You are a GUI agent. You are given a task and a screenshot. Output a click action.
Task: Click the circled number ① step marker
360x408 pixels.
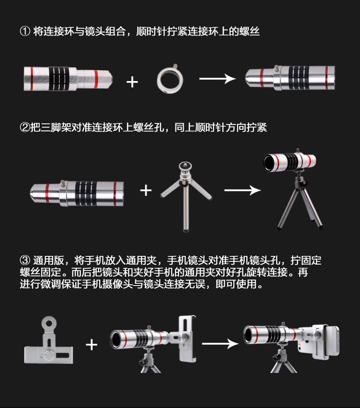point(25,31)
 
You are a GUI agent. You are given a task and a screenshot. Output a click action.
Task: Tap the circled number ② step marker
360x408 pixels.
point(25,127)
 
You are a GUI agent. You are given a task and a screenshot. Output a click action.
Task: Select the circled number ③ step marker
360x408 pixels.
point(25,260)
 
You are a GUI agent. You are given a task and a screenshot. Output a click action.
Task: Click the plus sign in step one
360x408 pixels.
point(132,82)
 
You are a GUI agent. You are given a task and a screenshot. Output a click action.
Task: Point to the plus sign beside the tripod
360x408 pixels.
point(146,190)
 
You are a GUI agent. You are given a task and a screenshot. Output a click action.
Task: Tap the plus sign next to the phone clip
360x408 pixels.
point(92,345)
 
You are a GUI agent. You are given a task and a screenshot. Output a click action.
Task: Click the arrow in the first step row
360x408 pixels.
point(217,79)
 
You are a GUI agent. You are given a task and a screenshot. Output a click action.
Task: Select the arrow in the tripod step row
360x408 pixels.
point(242,190)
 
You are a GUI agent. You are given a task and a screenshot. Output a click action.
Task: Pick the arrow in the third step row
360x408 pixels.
point(220,344)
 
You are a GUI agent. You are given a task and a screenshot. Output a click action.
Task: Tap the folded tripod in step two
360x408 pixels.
point(186,196)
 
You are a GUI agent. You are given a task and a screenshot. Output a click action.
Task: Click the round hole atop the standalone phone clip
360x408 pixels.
point(49,324)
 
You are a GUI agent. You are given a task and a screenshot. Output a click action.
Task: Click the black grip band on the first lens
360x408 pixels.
point(59,79)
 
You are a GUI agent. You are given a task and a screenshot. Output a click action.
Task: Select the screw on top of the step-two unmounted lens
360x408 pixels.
point(62,183)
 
